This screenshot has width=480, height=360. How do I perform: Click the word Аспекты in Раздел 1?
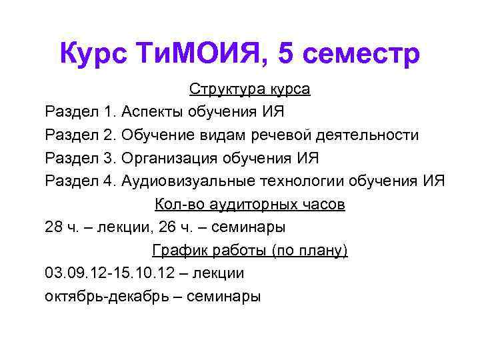coord(153,111)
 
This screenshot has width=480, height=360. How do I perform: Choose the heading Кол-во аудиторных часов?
coord(249,204)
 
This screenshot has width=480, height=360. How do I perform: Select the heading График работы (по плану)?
coord(249,250)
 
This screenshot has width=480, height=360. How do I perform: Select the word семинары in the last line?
coord(225,297)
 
